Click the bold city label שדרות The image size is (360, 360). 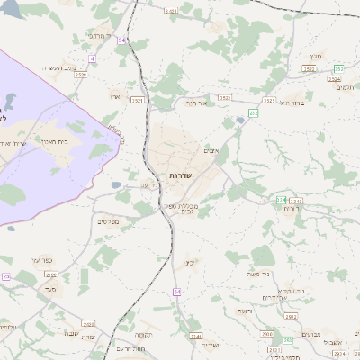click(x=179, y=175)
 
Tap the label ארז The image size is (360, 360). click(x=114, y=96)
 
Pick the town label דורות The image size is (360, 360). click(x=291, y=209)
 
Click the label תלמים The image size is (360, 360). click(x=343, y=87)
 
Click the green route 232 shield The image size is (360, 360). click(x=254, y=112)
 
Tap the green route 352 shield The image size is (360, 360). click(x=338, y=69)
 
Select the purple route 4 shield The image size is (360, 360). click(x=92, y=58)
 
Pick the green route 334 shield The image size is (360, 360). click(x=282, y=199)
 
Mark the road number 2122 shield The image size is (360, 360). click(x=51, y=274)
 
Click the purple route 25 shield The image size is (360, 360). click(x=5, y=277)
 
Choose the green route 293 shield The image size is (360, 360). click(x=287, y=340)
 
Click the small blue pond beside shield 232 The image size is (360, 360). click(x=241, y=118)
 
